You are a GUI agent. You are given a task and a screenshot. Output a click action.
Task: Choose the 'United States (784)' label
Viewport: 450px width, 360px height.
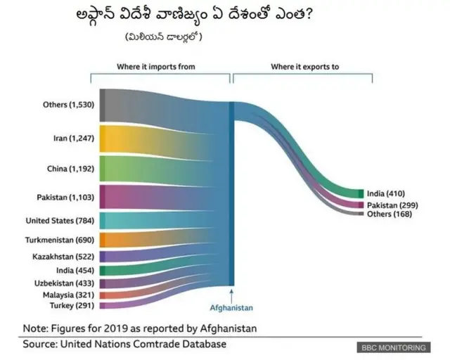click(x=59, y=221)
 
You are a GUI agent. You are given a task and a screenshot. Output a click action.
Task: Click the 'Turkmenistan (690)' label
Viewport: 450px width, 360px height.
click(x=61, y=240)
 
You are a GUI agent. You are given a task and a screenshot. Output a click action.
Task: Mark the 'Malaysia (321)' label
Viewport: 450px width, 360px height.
click(x=68, y=295)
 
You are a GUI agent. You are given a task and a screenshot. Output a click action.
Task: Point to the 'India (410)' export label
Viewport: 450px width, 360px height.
click(x=386, y=193)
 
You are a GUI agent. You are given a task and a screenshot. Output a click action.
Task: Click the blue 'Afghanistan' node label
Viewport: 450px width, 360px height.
click(x=231, y=308)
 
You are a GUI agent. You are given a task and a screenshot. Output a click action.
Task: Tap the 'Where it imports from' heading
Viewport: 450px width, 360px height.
click(x=155, y=67)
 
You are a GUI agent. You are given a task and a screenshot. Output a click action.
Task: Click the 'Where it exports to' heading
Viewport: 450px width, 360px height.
click(x=304, y=67)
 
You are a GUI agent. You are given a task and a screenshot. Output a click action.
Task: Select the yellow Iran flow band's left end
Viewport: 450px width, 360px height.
click(x=103, y=139)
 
